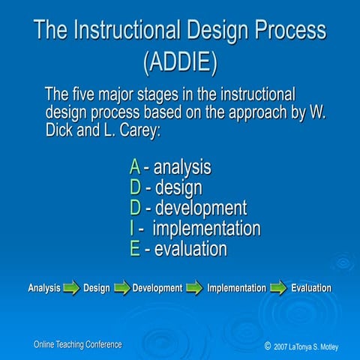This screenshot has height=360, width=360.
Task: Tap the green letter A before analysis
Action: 134,166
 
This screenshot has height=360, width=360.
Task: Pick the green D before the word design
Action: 135,187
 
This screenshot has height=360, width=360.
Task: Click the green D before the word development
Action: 135,208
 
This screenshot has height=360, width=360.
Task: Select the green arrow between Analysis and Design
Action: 71,288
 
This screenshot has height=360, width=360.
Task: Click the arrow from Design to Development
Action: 121,288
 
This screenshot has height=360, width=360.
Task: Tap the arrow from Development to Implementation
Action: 194,288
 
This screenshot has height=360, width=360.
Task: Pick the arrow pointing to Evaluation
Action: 278,288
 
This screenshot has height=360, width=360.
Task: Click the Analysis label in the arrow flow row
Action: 44,288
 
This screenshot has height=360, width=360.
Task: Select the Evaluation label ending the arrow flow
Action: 311,288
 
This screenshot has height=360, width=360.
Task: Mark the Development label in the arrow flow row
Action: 157,288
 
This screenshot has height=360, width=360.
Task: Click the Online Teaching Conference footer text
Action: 77,344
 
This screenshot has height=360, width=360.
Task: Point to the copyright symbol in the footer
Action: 268,346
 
